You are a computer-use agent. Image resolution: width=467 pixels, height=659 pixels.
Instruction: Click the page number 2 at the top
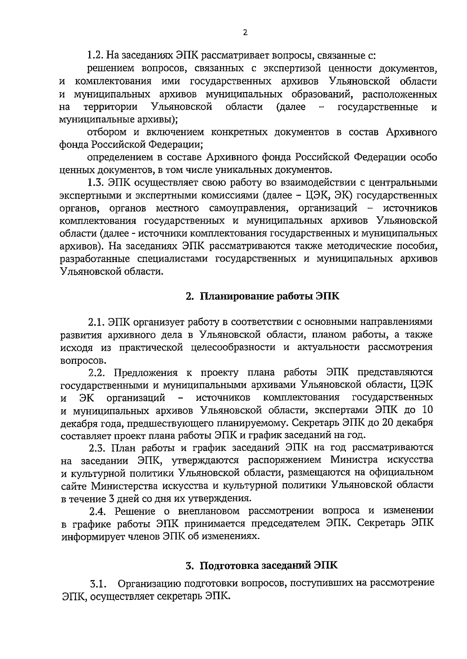coord(245,33)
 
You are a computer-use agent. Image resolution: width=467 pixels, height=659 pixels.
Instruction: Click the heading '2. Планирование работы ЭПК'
coord(262,297)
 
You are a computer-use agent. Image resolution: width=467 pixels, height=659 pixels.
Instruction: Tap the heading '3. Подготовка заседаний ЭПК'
coord(262,565)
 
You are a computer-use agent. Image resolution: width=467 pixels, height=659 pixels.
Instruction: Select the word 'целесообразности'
coord(233,347)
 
